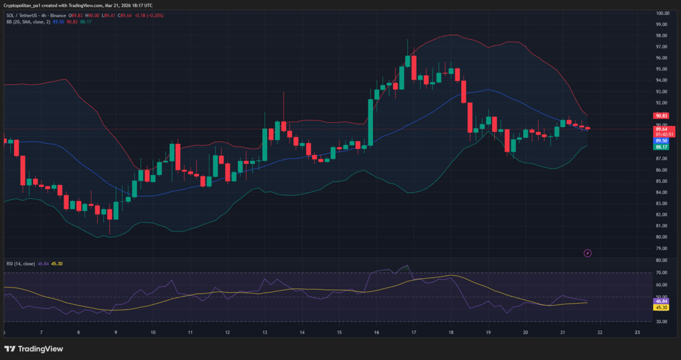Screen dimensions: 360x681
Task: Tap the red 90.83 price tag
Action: pyautogui.click(x=661, y=115)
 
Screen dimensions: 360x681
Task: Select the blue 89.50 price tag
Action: pyautogui.click(x=661, y=140)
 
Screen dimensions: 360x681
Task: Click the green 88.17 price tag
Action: pyautogui.click(x=661, y=146)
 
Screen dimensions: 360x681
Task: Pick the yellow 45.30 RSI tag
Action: pyautogui.click(x=661, y=308)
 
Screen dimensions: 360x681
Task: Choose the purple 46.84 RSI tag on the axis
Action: pyautogui.click(x=661, y=301)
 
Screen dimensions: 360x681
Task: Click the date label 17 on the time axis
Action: pyautogui.click(x=414, y=333)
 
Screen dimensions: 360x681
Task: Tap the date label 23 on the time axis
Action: pyautogui.click(x=637, y=333)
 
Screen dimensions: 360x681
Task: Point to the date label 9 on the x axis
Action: pyautogui.click(x=116, y=333)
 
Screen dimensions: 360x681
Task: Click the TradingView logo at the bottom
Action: pyautogui.click(x=34, y=349)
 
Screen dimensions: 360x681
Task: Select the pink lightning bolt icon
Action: pyautogui.click(x=587, y=253)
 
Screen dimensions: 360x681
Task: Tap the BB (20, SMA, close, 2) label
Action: pyautogui.click(x=27, y=22)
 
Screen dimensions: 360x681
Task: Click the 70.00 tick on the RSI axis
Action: pyautogui.click(x=661, y=273)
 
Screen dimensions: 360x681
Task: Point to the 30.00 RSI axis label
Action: pyautogui.click(x=661, y=321)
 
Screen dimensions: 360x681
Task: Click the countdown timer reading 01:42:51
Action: pyautogui.click(x=663, y=134)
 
